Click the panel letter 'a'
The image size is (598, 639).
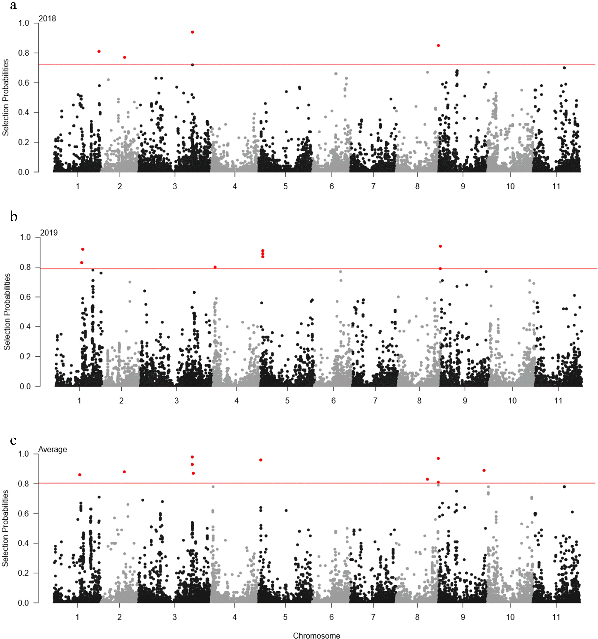(13, 6)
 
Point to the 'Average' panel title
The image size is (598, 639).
(53, 449)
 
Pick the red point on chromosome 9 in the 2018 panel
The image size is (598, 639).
(438, 45)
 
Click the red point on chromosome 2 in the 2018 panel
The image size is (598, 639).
(125, 57)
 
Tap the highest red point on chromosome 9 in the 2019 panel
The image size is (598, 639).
(440, 246)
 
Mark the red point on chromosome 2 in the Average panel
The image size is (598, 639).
(125, 472)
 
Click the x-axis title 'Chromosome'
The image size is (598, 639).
(317, 635)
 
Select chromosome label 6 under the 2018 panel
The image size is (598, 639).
(332, 186)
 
